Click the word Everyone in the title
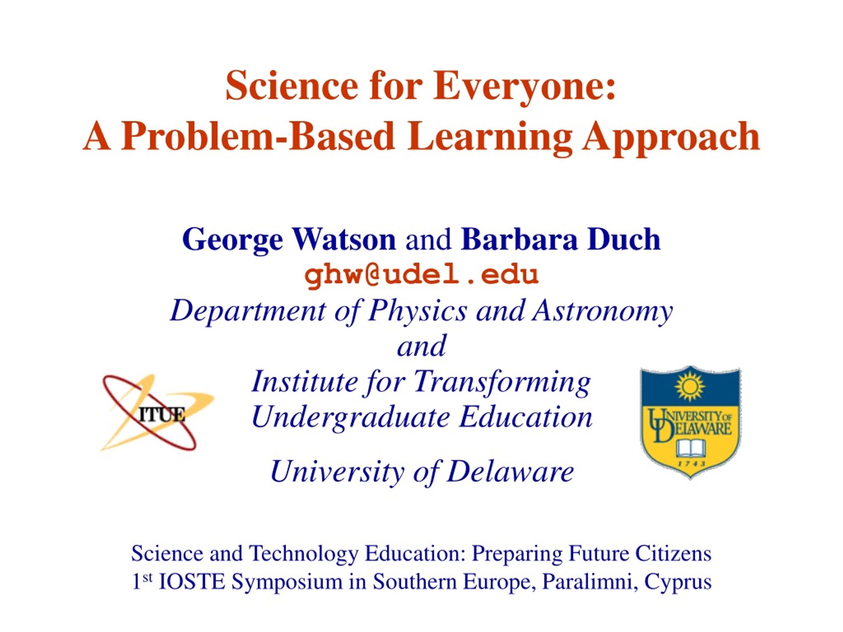(x=524, y=87)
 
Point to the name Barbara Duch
(x=560, y=239)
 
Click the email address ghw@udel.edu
(x=421, y=275)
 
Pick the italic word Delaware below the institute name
(x=510, y=472)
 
